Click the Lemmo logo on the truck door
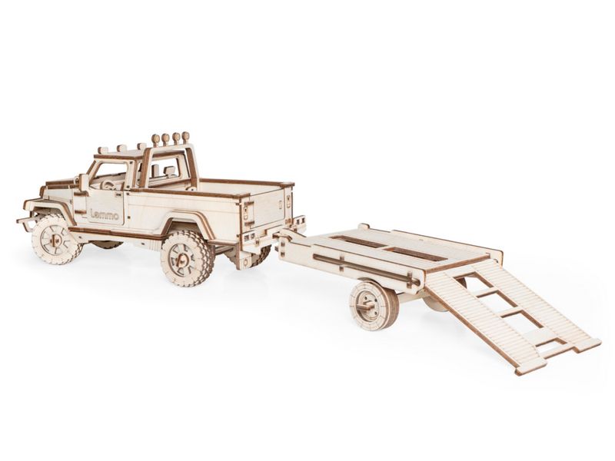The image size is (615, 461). pyautogui.click(x=105, y=214)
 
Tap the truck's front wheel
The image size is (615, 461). pyautogui.click(x=55, y=240)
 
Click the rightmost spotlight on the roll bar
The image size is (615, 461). pyautogui.click(x=185, y=138)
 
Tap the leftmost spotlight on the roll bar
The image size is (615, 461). pyautogui.click(x=156, y=139)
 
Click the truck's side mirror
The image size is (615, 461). pyautogui.click(x=84, y=182)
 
